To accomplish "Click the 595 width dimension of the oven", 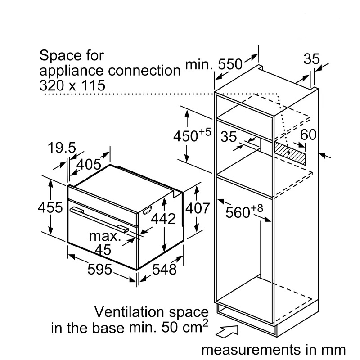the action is [99, 269].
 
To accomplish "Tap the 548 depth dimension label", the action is [164, 269].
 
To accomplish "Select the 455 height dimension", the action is [50, 207].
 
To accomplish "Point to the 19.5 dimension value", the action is [62, 148].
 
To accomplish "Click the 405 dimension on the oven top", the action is [89, 164].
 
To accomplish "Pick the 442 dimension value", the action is [163, 219].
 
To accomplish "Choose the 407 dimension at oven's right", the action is [198, 208].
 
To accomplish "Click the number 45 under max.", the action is [103, 250].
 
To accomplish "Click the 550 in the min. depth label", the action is [230, 64].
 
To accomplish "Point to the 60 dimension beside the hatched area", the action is [308, 135].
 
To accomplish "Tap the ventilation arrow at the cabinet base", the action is [227, 331].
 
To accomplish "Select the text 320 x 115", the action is [72, 85].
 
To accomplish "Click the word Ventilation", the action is [130, 312].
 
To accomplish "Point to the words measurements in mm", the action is [274, 350].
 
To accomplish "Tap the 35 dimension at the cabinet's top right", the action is [311, 59].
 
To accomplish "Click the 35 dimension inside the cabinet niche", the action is [229, 137].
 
